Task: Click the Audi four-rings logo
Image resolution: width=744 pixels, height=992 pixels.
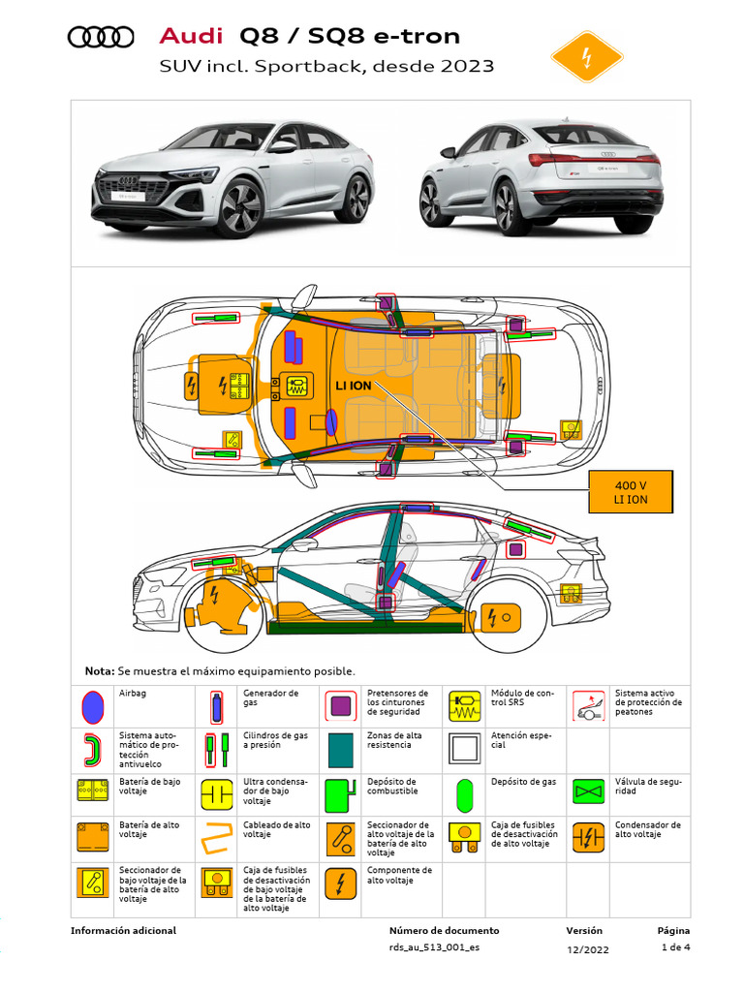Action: (101, 37)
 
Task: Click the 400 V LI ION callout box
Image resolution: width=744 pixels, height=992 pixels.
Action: (631, 492)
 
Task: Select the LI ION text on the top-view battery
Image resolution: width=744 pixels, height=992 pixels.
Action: (354, 386)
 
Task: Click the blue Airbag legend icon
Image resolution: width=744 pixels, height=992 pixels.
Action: (92, 706)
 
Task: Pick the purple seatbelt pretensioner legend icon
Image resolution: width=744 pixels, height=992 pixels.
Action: (340, 706)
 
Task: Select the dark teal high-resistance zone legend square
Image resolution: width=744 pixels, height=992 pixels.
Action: (340, 749)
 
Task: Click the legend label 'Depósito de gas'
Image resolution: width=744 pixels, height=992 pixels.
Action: (517, 782)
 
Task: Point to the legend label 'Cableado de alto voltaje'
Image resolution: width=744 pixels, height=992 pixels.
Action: (276, 829)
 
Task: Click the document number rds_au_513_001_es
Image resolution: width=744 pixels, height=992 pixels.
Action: (434, 947)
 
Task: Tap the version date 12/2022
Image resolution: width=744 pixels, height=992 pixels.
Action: (588, 948)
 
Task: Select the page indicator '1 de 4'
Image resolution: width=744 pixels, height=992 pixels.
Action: (675, 947)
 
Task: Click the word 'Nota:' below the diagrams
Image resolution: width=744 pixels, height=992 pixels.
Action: (99, 671)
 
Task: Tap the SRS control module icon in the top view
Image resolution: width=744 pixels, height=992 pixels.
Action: (296, 386)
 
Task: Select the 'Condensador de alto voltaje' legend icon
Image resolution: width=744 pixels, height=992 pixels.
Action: (588, 836)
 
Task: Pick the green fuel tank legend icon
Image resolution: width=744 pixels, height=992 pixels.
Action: (340, 793)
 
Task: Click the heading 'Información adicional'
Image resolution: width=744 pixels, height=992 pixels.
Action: (123, 930)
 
